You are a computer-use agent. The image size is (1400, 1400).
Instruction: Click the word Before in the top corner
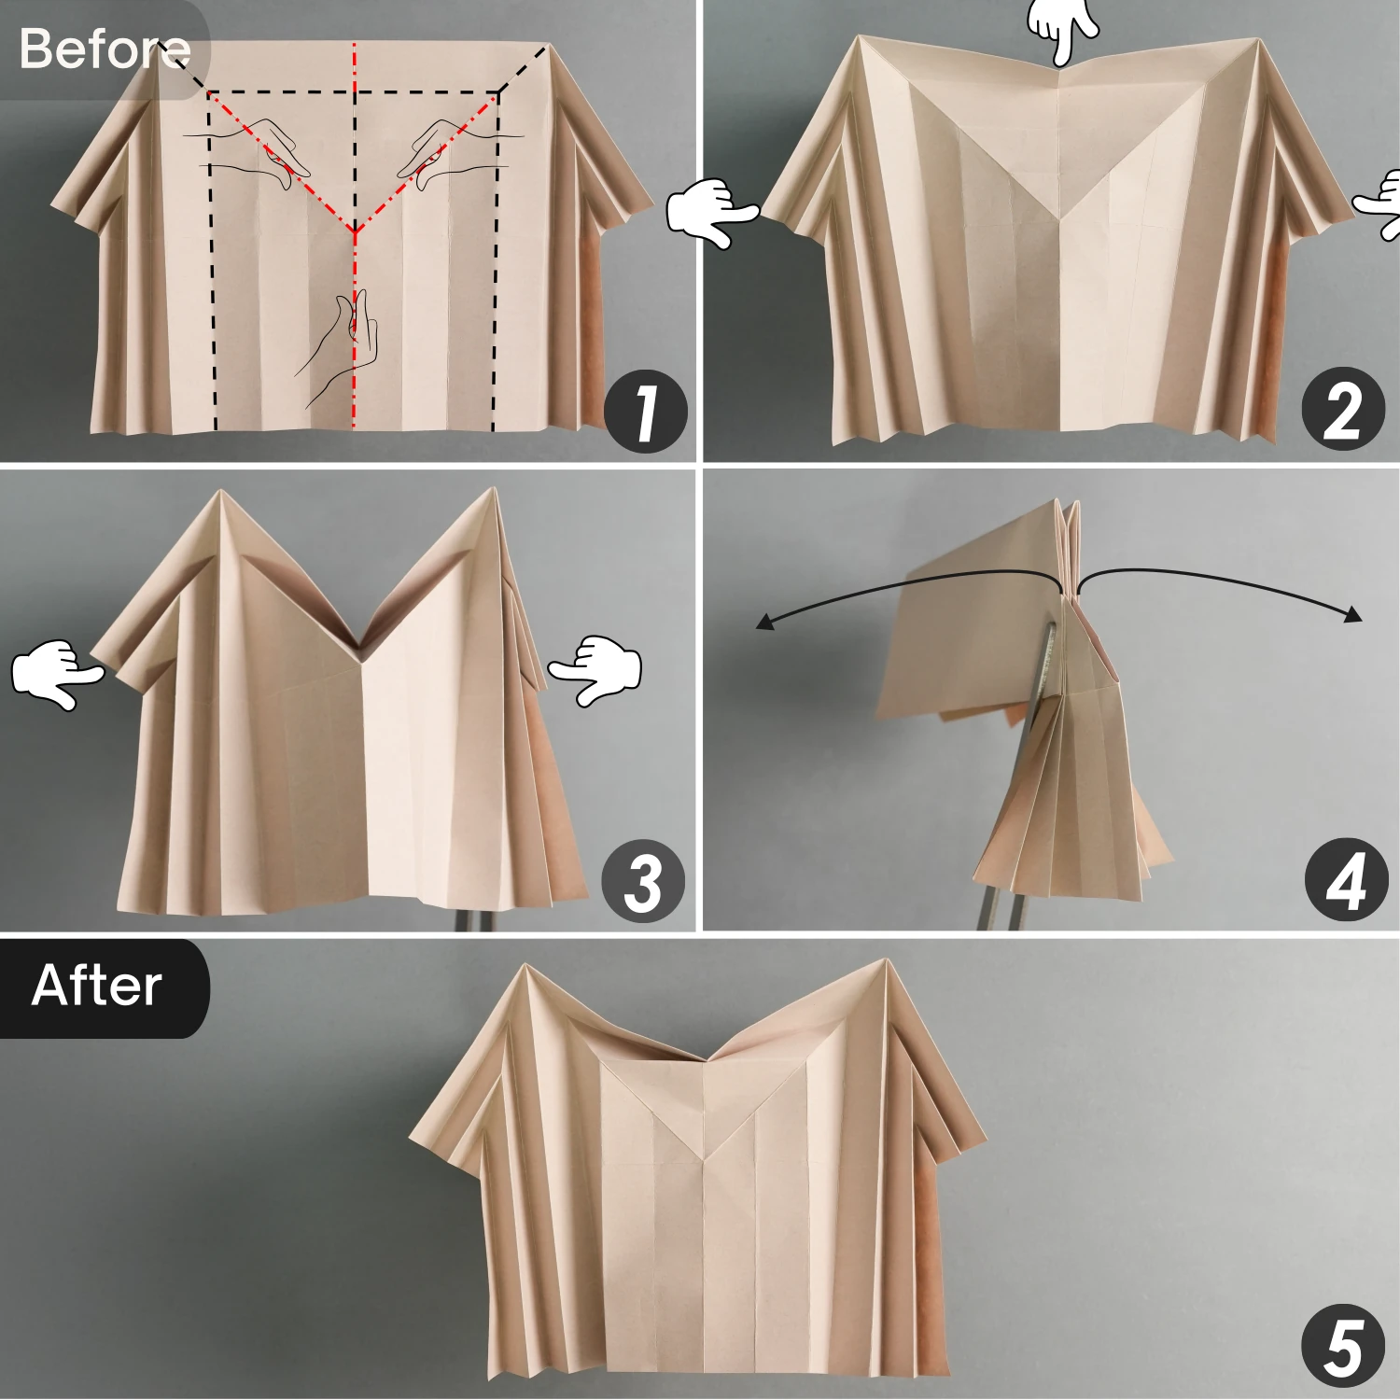pos(104,49)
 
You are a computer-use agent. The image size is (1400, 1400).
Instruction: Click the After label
pos(97,987)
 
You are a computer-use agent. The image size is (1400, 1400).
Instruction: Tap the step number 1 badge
pos(646,412)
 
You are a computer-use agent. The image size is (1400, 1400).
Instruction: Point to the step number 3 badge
pos(643,881)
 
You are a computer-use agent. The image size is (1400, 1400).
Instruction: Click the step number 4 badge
pos(1346,880)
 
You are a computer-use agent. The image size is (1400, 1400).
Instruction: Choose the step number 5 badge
pos(1344,1346)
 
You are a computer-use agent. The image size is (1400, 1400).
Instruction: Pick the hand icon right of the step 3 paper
pos(596,668)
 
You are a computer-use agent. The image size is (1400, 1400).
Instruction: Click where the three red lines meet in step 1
pos(355,231)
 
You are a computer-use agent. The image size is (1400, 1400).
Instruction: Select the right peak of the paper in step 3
pos(492,489)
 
